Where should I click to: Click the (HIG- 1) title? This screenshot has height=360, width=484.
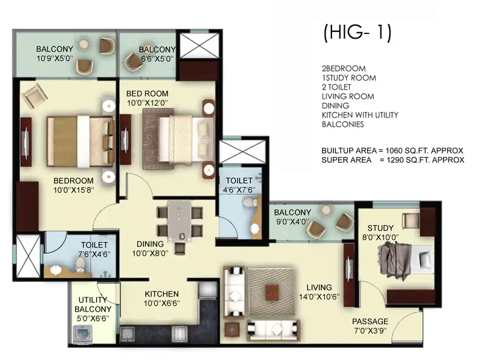(x=358, y=33)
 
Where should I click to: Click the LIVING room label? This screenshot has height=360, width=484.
(x=319, y=292)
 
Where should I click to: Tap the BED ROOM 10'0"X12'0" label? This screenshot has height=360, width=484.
(x=147, y=99)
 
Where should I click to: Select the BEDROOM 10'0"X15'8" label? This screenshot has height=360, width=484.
(x=73, y=185)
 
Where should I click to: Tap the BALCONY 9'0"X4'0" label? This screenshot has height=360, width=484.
(x=292, y=217)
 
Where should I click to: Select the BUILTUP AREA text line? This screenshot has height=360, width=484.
(x=392, y=150)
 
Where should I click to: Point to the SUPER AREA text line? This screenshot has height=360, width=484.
(x=393, y=160)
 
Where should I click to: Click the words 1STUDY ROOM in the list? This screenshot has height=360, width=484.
(x=348, y=77)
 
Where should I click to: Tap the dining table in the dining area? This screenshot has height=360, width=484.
(x=180, y=222)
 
